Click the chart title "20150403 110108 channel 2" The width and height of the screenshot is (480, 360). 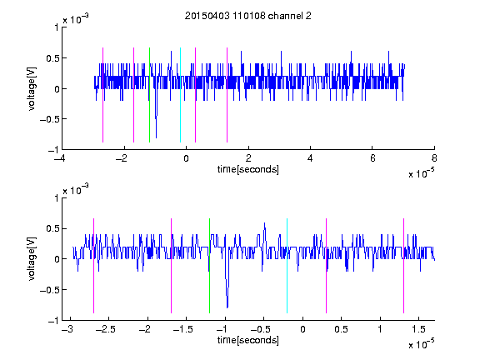pyautogui.click(x=248, y=16)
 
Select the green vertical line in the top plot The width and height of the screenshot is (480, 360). pyautogui.click(x=149, y=95)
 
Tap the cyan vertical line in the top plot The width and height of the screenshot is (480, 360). pyautogui.click(x=180, y=95)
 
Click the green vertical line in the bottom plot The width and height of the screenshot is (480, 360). pyautogui.click(x=209, y=266)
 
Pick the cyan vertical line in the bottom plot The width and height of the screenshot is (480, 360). pyautogui.click(x=287, y=266)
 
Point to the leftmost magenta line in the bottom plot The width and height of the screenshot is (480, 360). pyautogui.click(x=93, y=266)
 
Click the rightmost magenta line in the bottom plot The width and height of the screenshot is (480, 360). pyautogui.click(x=403, y=266)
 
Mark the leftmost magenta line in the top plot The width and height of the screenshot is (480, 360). pyautogui.click(x=102, y=95)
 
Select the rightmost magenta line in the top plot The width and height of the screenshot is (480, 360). pyautogui.click(x=227, y=95)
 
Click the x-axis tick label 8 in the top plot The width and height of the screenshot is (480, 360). pyautogui.click(x=434, y=158)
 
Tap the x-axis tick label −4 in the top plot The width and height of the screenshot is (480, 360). pyautogui.click(x=59, y=158)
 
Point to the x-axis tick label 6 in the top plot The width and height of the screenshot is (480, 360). pyautogui.click(x=372, y=158)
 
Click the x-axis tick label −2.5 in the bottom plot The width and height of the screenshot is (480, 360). pyautogui.click(x=105, y=329)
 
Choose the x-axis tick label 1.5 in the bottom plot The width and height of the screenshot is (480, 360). pyautogui.click(x=418, y=329)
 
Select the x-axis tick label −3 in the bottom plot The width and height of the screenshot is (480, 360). pyautogui.click(x=67, y=329)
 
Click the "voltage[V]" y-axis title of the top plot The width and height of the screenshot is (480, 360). pyautogui.click(x=32, y=88)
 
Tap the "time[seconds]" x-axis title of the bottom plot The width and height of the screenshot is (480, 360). pyautogui.click(x=248, y=340)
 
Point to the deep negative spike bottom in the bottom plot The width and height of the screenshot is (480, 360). pyautogui.click(x=227, y=307)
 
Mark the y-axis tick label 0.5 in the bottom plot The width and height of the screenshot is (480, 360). pyautogui.click(x=52, y=228)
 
